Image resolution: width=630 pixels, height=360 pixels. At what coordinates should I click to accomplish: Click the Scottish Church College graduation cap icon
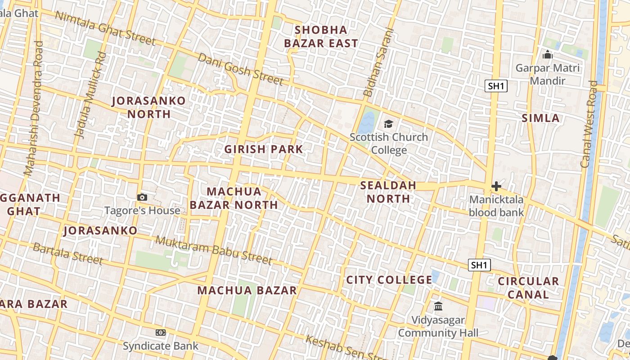tap(388, 124)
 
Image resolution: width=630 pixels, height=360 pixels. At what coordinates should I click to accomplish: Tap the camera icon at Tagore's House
tap(142, 197)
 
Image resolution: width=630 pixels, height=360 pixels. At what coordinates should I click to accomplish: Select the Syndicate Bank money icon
tap(161, 333)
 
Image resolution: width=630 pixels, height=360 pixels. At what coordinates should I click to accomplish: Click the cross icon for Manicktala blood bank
tap(496, 186)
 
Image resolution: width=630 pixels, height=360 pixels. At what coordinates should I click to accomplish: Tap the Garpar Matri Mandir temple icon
tap(548, 55)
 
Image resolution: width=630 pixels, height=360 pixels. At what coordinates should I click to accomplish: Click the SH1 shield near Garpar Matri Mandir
tap(496, 86)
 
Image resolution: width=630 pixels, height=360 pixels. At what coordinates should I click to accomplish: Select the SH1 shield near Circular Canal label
tap(479, 265)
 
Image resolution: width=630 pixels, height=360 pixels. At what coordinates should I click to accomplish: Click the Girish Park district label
tap(264, 149)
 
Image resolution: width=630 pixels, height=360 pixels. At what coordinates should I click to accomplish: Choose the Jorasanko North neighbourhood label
tap(148, 107)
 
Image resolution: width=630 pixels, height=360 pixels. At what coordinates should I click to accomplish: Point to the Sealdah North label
tap(388, 192)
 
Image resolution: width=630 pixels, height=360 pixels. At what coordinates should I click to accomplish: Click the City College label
tap(389, 280)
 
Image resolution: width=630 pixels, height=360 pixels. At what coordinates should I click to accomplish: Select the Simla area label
tap(540, 118)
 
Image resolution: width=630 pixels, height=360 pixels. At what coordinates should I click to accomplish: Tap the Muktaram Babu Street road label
tap(214, 250)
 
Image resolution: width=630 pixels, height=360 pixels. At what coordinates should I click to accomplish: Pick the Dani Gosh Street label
tap(241, 69)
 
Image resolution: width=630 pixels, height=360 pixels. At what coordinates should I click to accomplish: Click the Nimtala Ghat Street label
tap(105, 28)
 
